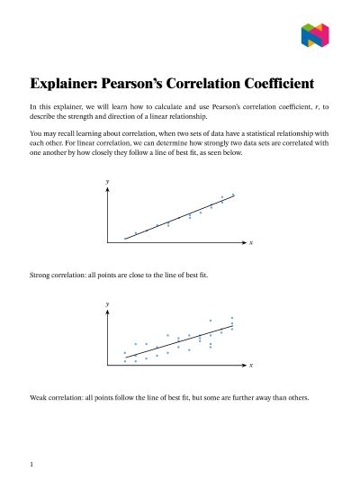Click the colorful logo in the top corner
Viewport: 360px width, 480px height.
click(315, 35)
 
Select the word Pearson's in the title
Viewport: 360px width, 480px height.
click(148, 85)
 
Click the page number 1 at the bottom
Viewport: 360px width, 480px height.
click(31, 465)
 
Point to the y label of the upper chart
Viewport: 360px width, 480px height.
click(108, 182)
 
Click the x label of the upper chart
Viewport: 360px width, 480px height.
click(250, 244)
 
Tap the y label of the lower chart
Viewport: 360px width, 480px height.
click(108, 304)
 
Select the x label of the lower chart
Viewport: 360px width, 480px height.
click(250, 367)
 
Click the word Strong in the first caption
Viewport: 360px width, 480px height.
click(41, 273)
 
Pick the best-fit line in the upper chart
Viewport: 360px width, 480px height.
click(180, 217)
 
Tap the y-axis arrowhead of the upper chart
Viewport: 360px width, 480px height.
click(109, 190)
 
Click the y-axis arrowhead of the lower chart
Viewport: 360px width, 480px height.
click(109, 312)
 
